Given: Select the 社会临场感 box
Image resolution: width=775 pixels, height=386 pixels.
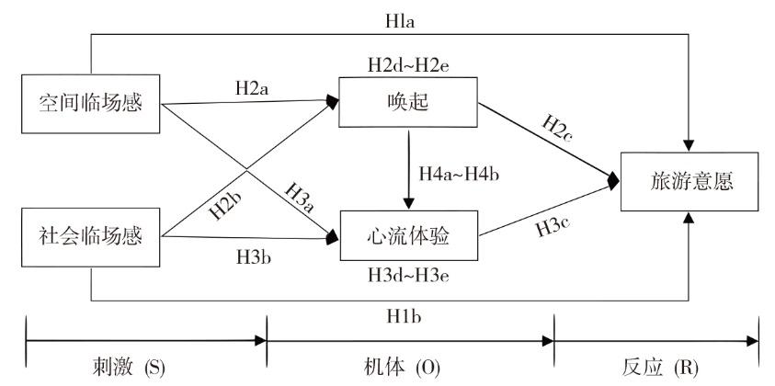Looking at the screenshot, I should coord(90,237).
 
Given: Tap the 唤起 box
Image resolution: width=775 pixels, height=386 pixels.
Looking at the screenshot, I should coord(407,103).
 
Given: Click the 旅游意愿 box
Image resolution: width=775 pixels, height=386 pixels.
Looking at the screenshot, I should coord(690,180).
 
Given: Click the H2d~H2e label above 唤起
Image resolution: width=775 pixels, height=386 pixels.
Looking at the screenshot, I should coord(408,64).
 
